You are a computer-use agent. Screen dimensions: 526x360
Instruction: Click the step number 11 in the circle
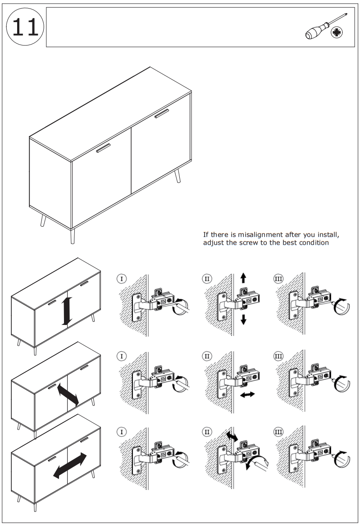coord(25,27)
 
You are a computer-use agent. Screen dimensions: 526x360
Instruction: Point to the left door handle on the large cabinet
coord(103,149)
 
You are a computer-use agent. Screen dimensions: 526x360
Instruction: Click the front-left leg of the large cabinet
coord(73,235)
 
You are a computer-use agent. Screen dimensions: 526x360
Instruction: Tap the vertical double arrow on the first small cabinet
coord(67,311)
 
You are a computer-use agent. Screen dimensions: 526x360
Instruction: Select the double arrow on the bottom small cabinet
coord(69,466)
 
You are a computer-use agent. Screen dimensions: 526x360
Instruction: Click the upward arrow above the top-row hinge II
coord(243,278)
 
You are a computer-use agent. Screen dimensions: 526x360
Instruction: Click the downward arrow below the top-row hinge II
coord(243,320)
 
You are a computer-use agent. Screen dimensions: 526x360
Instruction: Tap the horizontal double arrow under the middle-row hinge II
coord(247,394)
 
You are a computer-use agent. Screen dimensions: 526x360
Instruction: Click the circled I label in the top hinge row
coord(121,279)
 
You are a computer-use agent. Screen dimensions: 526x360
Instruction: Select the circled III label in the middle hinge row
coord(279,356)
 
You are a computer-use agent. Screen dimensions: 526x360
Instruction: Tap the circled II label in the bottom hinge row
coord(207,432)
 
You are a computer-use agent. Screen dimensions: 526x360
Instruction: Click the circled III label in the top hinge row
coord(279,279)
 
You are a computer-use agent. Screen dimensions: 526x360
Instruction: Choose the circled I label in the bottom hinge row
coord(121,432)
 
